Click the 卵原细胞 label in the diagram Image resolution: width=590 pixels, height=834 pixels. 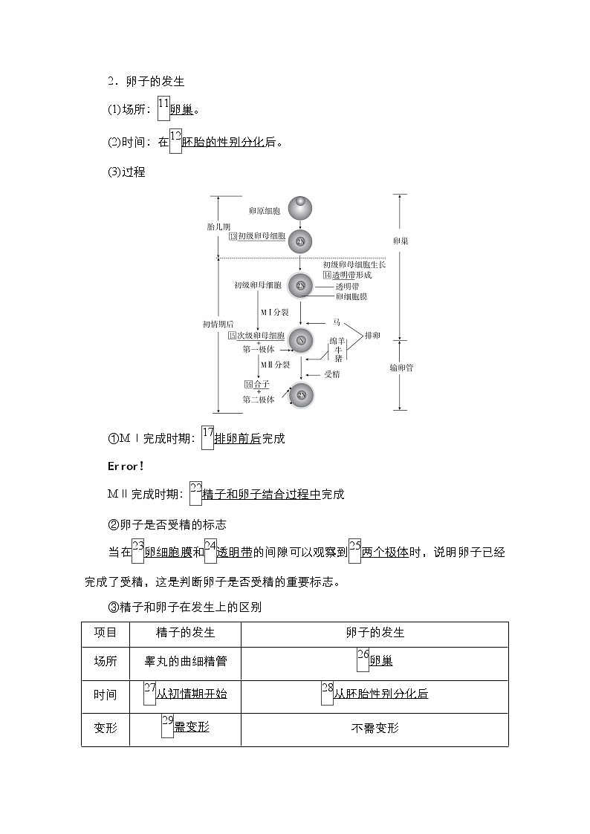tap(265, 212)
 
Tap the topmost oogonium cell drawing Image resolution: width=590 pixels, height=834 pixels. tap(300, 208)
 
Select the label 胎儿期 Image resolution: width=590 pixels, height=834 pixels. tap(218, 226)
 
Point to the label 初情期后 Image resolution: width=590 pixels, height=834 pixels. tap(218, 324)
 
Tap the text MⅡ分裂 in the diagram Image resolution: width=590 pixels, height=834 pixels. tap(275, 365)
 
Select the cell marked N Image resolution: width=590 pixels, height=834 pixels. tap(301, 340)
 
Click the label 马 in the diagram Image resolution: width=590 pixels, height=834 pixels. tap(336, 322)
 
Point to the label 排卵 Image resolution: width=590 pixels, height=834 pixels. tap(372, 336)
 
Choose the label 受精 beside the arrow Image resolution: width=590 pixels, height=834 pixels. tap(331, 374)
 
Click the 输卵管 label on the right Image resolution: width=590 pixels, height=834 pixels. tap(401, 368)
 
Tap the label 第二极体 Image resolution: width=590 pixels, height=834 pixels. tap(259, 400)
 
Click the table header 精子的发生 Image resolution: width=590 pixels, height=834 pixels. tap(185, 633)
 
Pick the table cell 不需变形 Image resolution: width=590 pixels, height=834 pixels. tap(375, 728)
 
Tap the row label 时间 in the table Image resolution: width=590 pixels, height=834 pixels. tap(106, 694)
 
